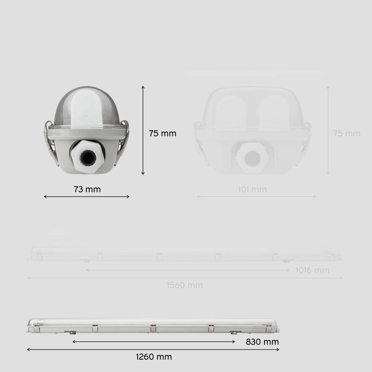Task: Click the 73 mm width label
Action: click(x=87, y=189)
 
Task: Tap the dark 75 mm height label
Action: click(x=163, y=133)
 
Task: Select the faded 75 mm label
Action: click(x=347, y=133)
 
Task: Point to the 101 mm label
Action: click(x=252, y=190)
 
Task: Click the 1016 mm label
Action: click(x=312, y=270)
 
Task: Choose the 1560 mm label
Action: click(x=185, y=285)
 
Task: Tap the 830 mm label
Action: click(x=262, y=341)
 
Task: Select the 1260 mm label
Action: click(x=154, y=357)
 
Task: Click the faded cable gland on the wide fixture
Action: click(x=253, y=156)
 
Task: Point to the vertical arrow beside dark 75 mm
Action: click(x=143, y=130)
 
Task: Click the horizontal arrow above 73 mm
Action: click(x=87, y=196)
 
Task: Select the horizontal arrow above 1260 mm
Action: click(x=153, y=349)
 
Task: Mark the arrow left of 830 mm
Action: click(x=154, y=341)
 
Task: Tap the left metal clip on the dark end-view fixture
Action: click(x=49, y=143)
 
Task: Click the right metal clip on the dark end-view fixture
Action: click(x=123, y=143)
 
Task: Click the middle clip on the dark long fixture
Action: click(x=153, y=328)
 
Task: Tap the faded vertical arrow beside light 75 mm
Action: click(x=328, y=130)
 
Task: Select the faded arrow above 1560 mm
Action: click(x=185, y=278)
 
